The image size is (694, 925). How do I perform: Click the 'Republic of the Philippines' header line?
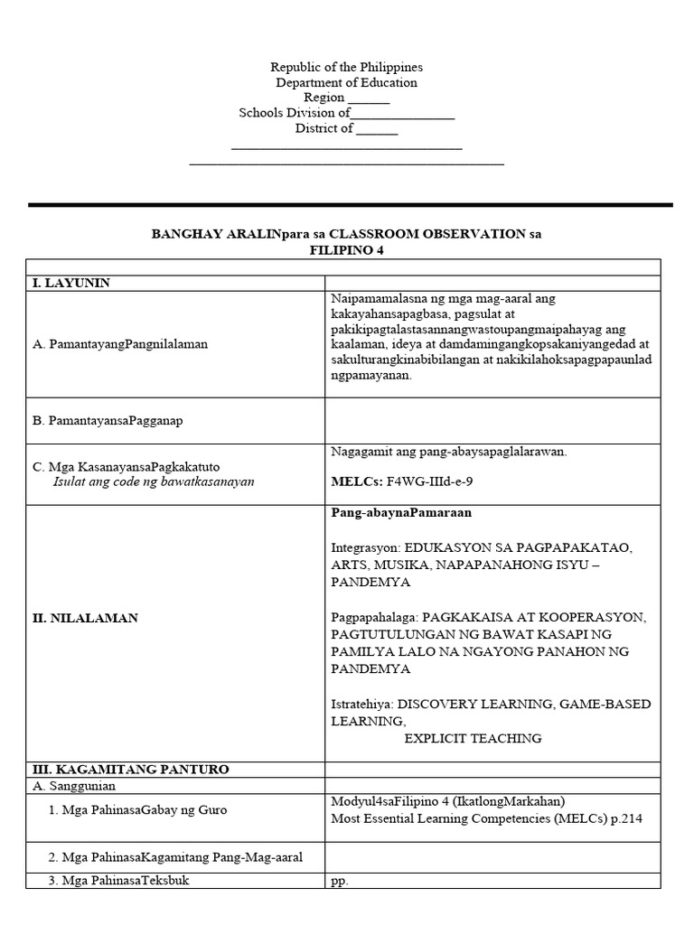(x=346, y=68)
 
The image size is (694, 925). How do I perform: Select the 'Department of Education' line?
(x=346, y=83)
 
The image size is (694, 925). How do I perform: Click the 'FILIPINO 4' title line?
(x=348, y=249)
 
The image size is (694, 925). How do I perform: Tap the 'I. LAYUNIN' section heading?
(x=70, y=283)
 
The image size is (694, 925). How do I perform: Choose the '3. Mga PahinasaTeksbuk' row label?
(x=120, y=880)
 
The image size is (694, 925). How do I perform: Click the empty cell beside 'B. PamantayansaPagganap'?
(x=493, y=420)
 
